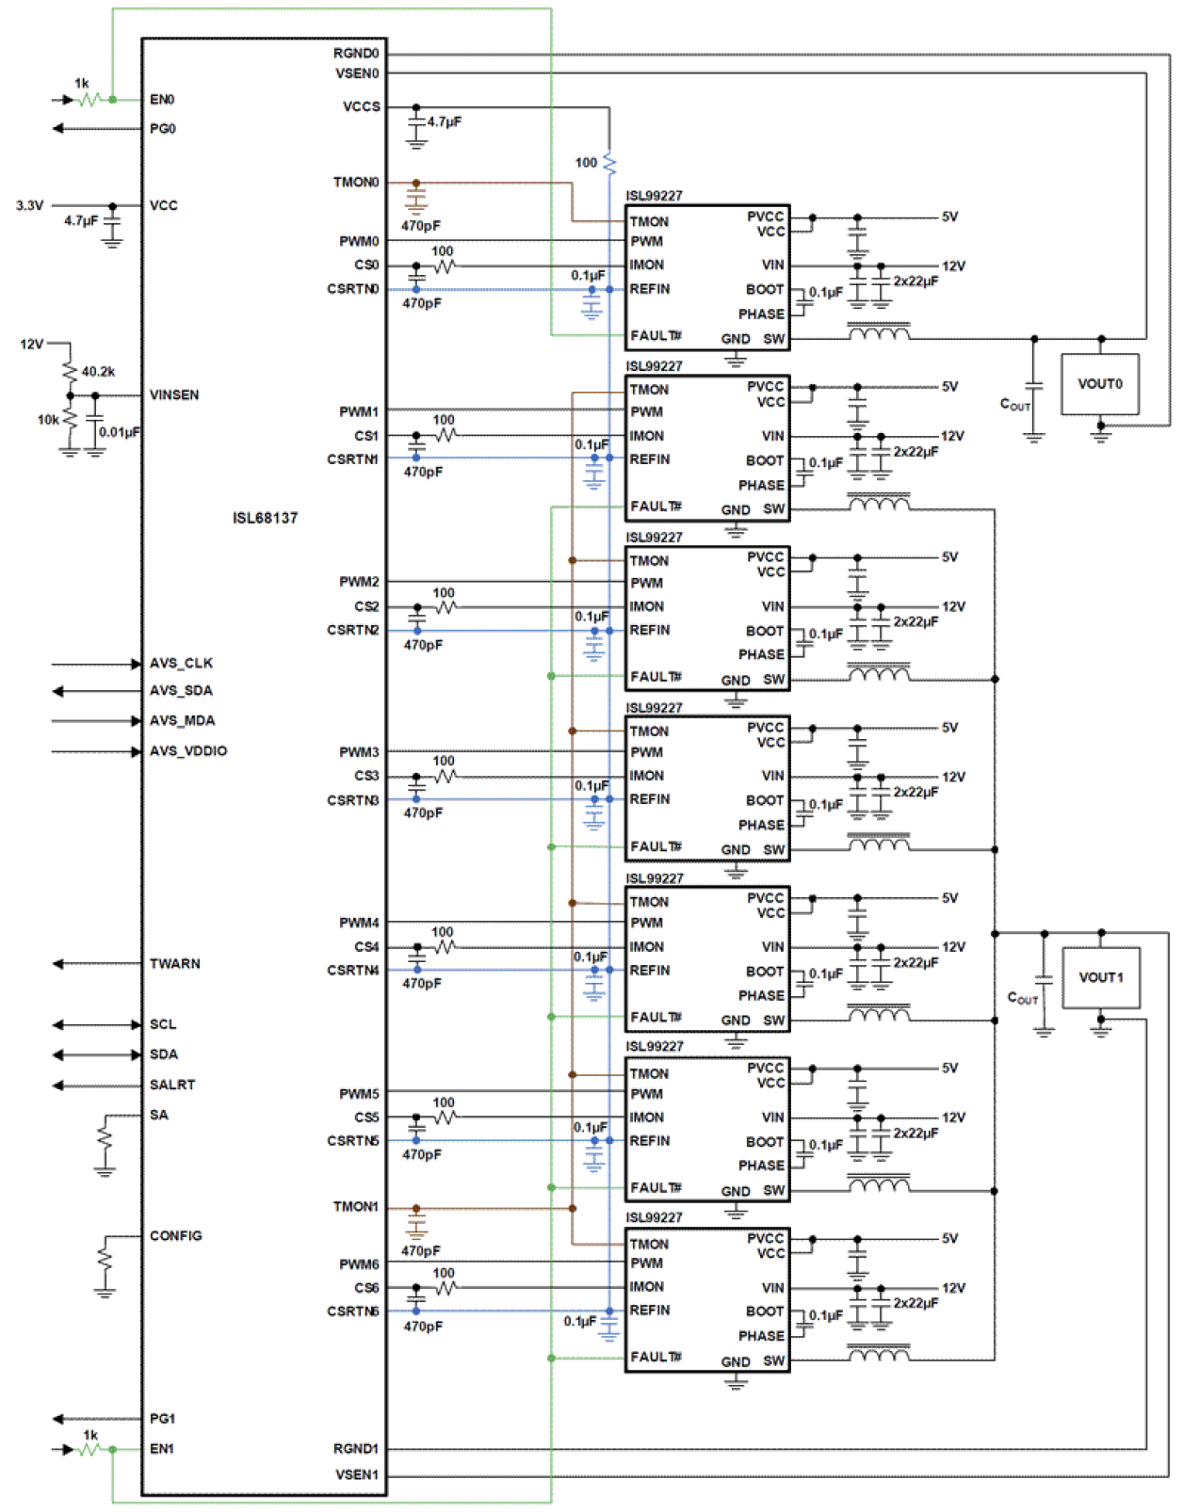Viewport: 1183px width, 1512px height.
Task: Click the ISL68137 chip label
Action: click(265, 518)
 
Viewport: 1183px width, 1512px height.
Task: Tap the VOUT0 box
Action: click(1099, 384)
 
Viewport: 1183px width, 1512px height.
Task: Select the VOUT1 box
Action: click(1100, 977)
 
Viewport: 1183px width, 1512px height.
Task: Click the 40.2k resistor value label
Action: click(98, 372)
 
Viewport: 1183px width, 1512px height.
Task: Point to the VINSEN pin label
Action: click(174, 394)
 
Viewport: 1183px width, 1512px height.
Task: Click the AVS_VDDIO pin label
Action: click(187, 750)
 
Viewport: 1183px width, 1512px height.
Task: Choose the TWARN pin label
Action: click(174, 963)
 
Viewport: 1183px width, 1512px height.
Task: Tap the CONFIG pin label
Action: click(175, 1235)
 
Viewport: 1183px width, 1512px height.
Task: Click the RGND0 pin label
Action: click(356, 54)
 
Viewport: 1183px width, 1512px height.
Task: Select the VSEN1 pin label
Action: click(356, 1474)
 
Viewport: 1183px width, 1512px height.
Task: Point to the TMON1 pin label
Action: click(355, 1206)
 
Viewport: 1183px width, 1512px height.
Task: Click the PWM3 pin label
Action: click(359, 752)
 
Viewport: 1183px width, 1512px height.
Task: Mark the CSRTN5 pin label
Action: click(352, 1141)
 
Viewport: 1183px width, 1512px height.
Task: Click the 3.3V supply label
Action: click(29, 205)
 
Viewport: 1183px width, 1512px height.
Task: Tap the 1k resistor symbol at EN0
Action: click(89, 99)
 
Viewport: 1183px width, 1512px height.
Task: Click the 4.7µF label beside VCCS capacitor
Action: click(445, 122)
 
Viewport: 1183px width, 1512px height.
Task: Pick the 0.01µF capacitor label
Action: click(120, 432)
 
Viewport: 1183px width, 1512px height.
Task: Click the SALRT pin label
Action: click(171, 1085)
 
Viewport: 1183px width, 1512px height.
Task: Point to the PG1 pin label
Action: click(162, 1418)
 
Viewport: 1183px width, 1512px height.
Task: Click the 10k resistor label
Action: click(48, 420)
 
